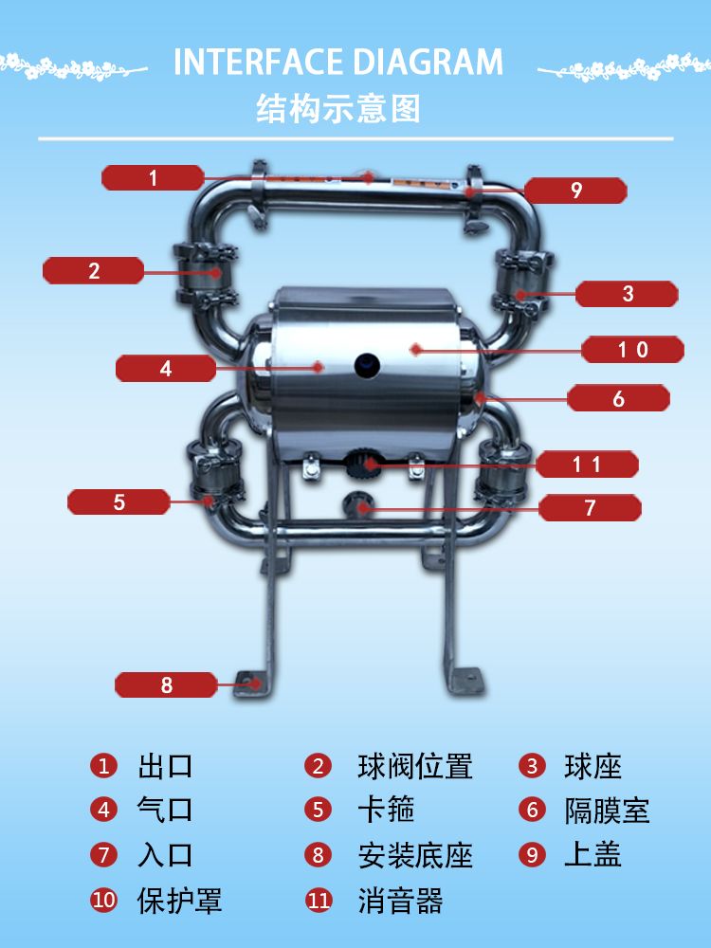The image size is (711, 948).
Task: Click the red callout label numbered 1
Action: pyautogui.click(x=153, y=177)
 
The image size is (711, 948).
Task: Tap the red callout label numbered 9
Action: pyautogui.click(x=575, y=191)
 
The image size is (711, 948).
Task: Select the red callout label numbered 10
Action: pyautogui.click(x=632, y=350)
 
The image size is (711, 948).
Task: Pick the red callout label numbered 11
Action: pyautogui.click(x=587, y=465)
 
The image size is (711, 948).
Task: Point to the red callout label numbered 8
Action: pyautogui.click(x=166, y=684)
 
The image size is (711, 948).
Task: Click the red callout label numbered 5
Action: pyautogui.click(x=119, y=501)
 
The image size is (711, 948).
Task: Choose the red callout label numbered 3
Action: pyautogui.click(x=627, y=294)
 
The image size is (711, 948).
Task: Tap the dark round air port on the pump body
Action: pyautogui.click(x=367, y=365)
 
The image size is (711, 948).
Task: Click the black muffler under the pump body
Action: pyautogui.click(x=361, y=462)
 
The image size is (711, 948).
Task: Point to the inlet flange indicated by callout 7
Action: pyautogui.click(x=357, y=505)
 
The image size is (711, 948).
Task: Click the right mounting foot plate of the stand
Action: pyautogui.click(x=465, y=680)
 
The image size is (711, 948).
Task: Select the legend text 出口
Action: pyautogui.click(x=165, y=766)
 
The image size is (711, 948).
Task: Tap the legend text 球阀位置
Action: pyautogui.click(x=415, y=766)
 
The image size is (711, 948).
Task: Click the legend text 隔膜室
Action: pyautogui.click(x=607, y=811)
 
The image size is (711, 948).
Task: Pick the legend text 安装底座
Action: pyautogui.click(x=415, y=855)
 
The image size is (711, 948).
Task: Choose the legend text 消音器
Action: pyautogui.click(x=400, y=901)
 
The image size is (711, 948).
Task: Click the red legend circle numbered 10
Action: pyautogui.click(x=103, y=900)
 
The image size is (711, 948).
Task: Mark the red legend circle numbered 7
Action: pyautogui.click(x=103, y=855)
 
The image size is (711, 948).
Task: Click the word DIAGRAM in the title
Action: pyautogui.click(x=428, y=62)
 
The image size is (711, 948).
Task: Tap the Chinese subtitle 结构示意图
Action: pyautogui.click(x=338, y=109)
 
